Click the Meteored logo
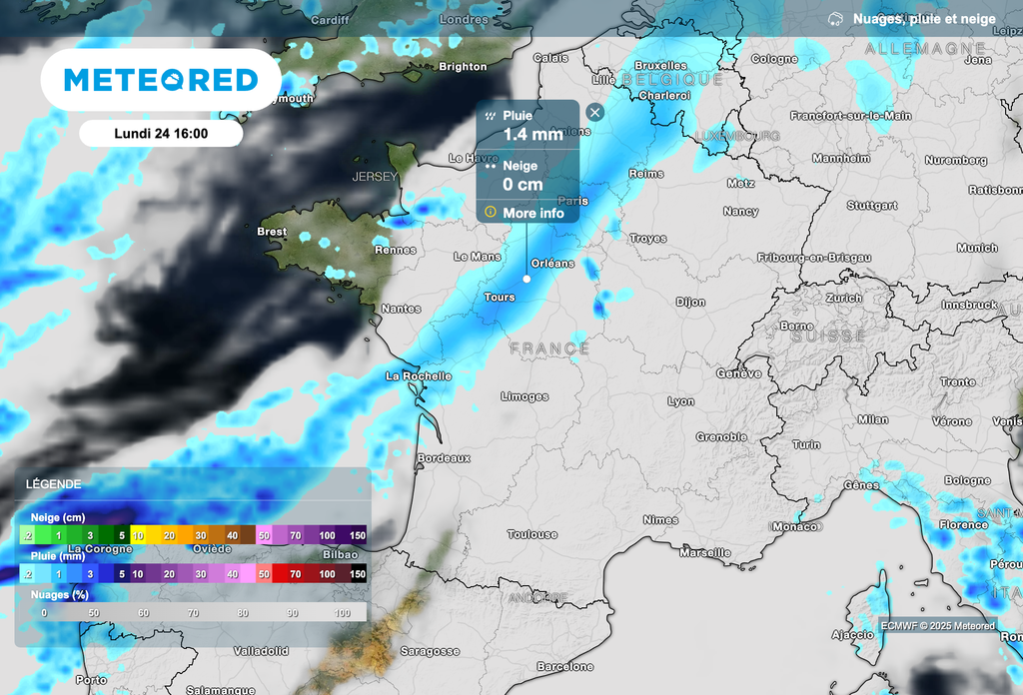161,80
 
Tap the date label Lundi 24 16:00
161,134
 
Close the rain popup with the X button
595,112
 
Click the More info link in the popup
533,213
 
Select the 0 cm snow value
522,184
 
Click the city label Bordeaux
443,457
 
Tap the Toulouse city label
531,534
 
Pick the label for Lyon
680,401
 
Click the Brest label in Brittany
272,232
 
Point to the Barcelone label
564,666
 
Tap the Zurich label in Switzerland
843,299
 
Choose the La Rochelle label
419,376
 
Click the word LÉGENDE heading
54,483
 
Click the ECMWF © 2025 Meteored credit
937,626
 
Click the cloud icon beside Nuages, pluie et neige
835,19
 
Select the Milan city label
872,419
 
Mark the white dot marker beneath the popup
526,279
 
